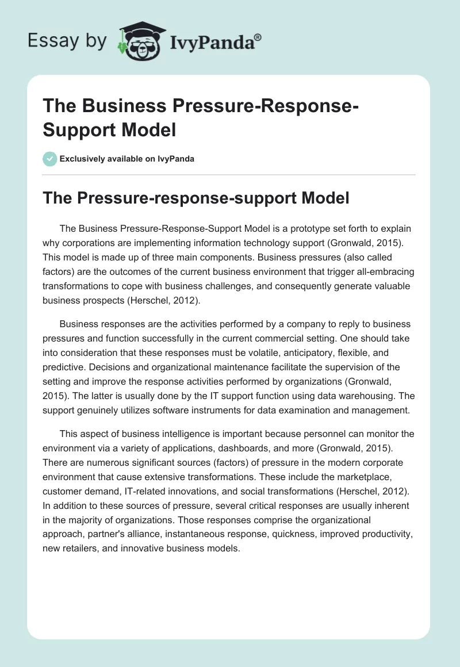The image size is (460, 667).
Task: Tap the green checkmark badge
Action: tap(50, 159)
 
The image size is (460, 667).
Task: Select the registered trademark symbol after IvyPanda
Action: tap(258, 37)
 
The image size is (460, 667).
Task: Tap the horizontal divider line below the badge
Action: tap(230, 174)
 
